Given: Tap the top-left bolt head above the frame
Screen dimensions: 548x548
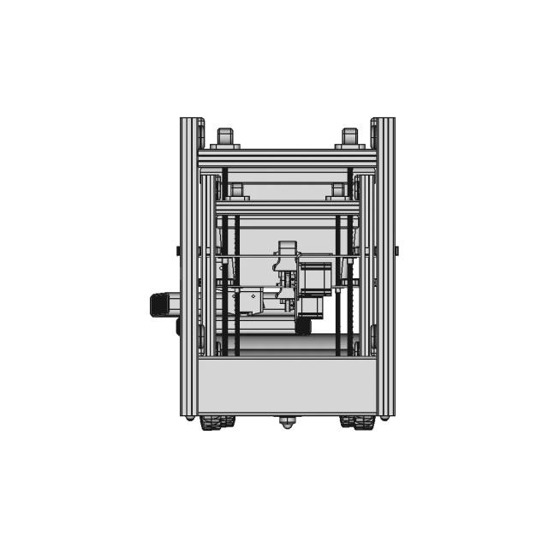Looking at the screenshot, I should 224,136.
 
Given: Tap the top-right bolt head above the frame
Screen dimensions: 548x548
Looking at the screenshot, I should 349,136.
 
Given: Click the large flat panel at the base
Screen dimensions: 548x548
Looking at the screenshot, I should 287,385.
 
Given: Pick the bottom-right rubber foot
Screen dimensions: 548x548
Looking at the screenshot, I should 357,422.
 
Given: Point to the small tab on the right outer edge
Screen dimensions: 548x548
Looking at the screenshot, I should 396,251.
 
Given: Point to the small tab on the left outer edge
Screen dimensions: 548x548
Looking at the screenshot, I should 178,251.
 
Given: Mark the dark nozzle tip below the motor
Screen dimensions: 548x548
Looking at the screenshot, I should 302,326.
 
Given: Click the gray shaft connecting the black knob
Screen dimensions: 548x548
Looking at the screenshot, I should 175,304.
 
